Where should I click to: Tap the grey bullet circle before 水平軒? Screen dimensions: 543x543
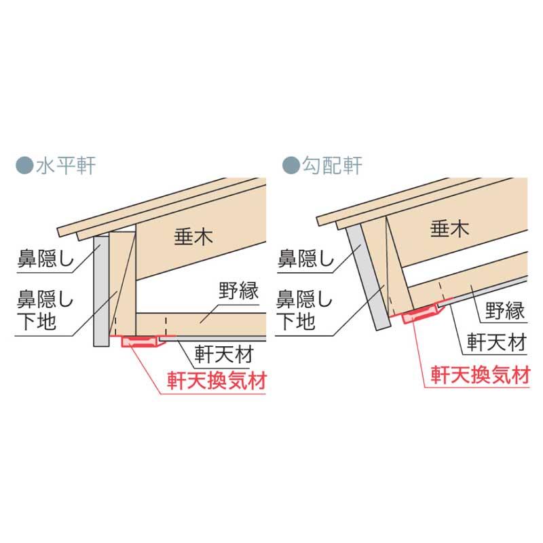pos(22,165)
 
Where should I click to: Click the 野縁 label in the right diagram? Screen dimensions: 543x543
pos(506,314)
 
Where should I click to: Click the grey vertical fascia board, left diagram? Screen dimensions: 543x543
pos(100,288)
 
